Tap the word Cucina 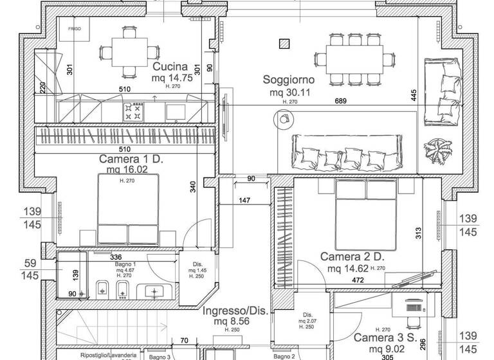click(170, 67)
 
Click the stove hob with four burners click(133, 112)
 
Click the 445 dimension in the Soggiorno click(415, 95)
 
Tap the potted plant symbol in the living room click(437, 150)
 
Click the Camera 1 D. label click(131, 158)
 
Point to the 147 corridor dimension click(244, 201)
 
